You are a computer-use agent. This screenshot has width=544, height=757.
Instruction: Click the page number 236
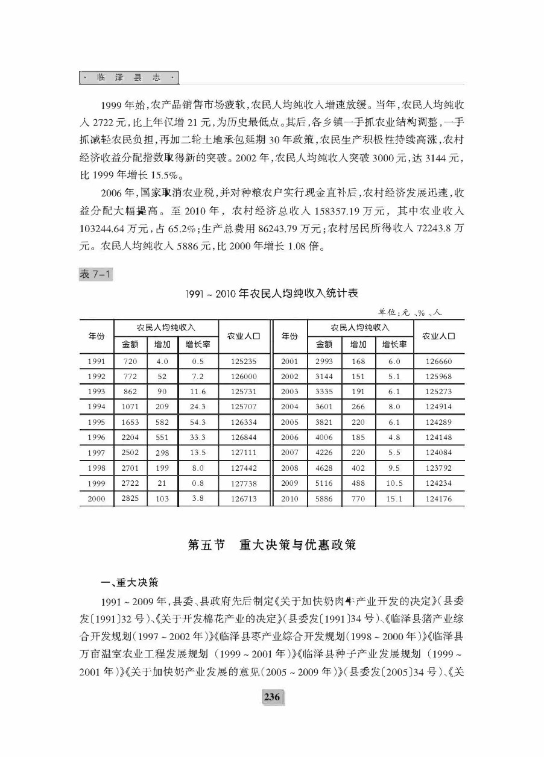(x=271, y=697)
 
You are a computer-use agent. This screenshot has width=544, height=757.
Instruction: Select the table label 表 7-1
(x=95, y=274)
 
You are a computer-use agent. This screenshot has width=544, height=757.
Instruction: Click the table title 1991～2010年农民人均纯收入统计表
(x=271, y=294)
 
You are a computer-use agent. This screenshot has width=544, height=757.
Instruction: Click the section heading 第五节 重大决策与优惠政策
(x=271, y=545)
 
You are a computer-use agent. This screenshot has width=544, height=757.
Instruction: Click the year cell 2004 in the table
(x=289, y=407)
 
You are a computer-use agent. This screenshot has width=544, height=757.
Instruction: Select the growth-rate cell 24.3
(x=197, y=407)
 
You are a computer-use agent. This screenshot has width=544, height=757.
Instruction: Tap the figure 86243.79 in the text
(x=267, y=228)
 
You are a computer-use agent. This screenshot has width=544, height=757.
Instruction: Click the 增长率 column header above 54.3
(x=197, y=345)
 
